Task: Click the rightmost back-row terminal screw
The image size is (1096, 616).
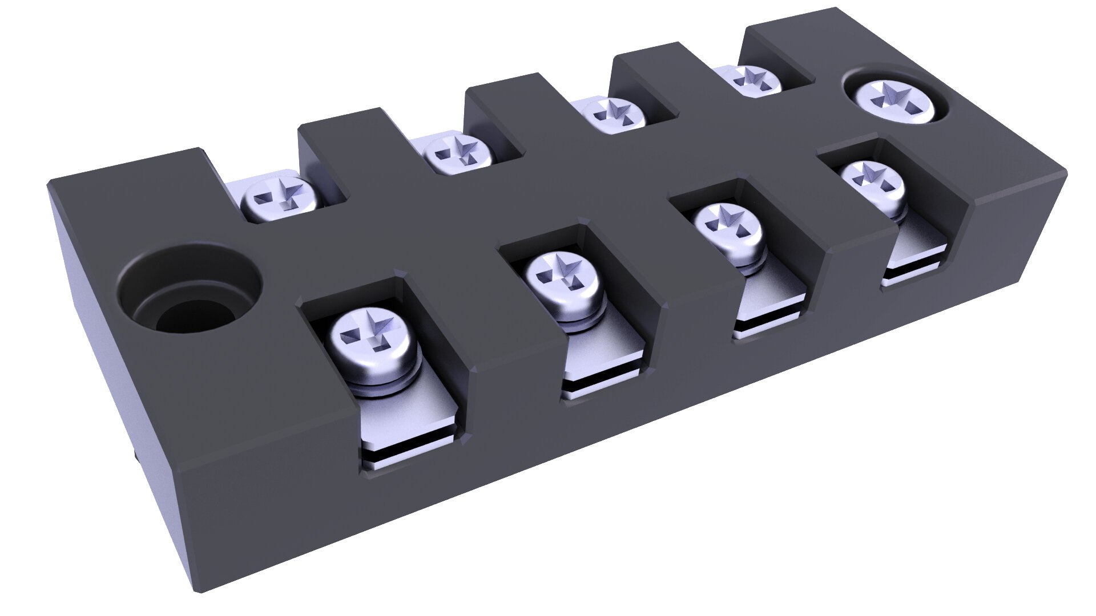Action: coord(756,79)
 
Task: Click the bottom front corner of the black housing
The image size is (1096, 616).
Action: coord(200,590)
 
